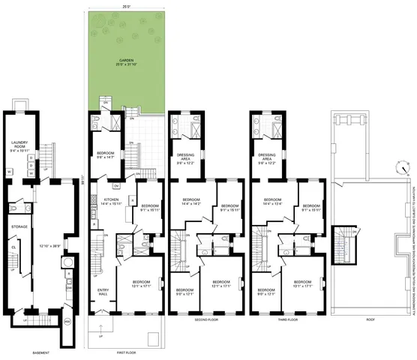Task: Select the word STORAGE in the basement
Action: coord(19,225)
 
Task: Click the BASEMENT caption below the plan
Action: coord(41,351)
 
